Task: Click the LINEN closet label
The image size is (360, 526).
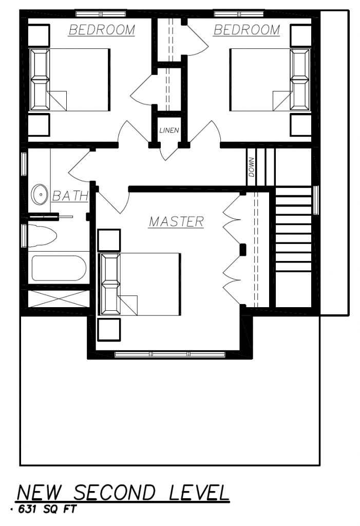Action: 169,130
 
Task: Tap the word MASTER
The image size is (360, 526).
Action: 177,222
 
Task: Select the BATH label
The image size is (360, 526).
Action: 70,196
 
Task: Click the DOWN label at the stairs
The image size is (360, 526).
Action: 252,168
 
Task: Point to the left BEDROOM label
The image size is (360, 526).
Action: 102,30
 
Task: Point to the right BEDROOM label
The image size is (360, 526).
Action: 247,30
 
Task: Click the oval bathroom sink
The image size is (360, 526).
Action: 40,194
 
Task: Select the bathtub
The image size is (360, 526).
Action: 59,268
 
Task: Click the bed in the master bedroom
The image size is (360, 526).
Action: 140,284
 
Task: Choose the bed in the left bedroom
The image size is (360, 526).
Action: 70,80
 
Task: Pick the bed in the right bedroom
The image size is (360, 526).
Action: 270,80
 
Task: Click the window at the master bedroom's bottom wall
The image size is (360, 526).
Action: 170,354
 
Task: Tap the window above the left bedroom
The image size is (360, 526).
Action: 101,14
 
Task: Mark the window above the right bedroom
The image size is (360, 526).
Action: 239,14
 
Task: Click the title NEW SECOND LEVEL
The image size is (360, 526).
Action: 123,493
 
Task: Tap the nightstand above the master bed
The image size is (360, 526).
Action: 109,240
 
